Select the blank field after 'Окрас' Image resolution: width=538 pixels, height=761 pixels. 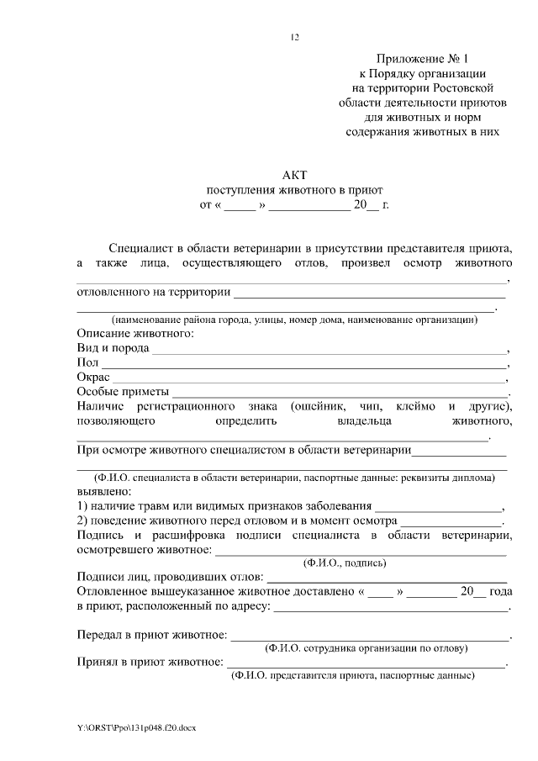(311, 379)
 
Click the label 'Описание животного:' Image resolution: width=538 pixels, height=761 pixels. (134, 334)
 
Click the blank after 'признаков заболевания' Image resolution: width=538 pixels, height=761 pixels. (437, 507)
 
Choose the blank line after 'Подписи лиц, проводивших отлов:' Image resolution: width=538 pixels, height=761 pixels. (386, 579)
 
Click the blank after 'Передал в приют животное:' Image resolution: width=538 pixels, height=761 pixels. (370, 637)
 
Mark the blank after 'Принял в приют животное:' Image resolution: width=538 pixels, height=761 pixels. (366, 664)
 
